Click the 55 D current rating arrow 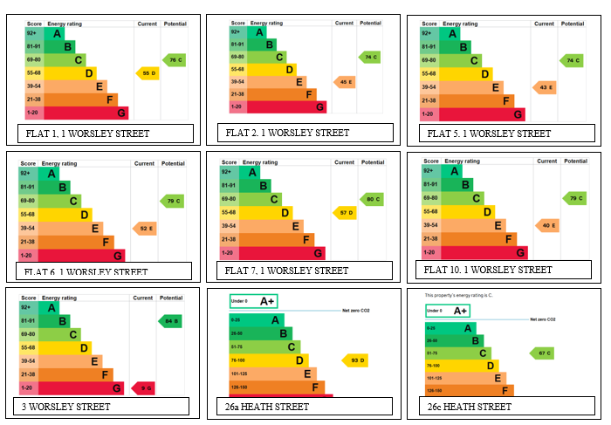click(x=147, y=73)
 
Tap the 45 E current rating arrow click(x=346, y=82)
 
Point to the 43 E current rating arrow click(x=546, y=87)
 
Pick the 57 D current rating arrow click(x=346, y=213)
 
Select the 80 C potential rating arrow click(x=372, y=199)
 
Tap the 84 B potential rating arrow click(x=170, y=320)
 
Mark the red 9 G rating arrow click(x=143, y=387)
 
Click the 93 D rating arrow click(x=355, y=360)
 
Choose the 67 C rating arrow click(x=542, y=353)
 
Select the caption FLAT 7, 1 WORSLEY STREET click(x=286, y=271)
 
